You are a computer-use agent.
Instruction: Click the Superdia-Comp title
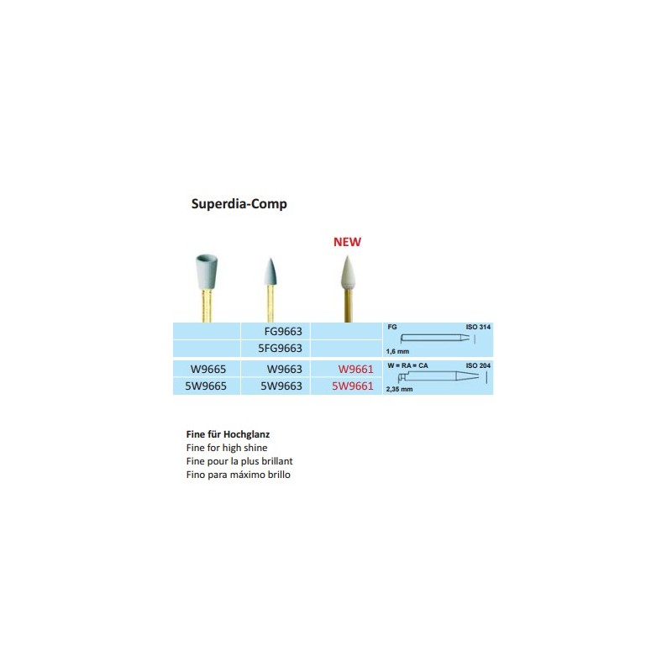[x=239, y=203]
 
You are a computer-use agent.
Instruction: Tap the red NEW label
[x=347, y=242]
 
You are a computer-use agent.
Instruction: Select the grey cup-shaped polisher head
[x=206, y=271]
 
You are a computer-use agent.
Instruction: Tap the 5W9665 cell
[x=206, y=386]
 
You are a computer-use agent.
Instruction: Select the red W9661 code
[x=355, y=369]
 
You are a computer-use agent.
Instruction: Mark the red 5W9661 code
[x=353, y=386]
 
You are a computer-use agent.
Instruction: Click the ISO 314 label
[x=478, y=327]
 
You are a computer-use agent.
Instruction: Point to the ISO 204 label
[x=478, y=365]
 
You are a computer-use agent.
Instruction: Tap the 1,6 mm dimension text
[x=397, y=351]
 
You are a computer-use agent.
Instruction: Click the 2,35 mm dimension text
[x=399, y=389]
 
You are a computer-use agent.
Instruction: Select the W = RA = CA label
[x=407, y=365]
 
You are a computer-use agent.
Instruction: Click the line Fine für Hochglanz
[x=228, y=434]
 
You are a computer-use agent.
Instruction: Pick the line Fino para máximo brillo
[x=239, y=475]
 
